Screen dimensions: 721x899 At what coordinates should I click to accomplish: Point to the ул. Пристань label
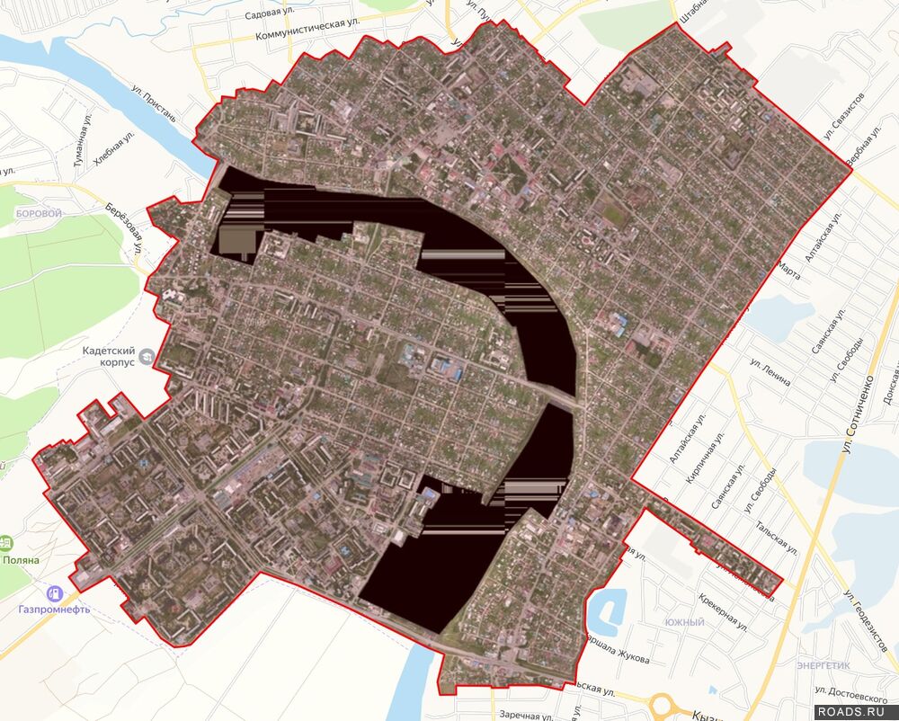tap(154, 104)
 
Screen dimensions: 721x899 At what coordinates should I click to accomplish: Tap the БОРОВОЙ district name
tap(39, 214)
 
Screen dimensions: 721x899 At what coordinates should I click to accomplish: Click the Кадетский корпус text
tap(107, 356)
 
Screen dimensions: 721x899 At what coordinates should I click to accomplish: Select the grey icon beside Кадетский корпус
tap(147, 357)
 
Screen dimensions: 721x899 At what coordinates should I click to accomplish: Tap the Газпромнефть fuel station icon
tap(55, 592)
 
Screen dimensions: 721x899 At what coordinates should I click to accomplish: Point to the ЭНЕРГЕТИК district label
tap(823, 665)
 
